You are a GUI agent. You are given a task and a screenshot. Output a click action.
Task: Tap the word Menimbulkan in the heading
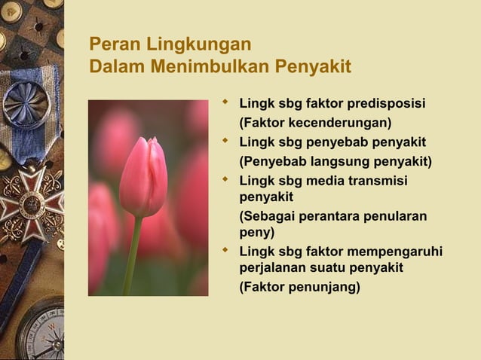pos(207,69)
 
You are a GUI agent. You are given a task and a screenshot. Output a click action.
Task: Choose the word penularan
pos(398,217)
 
